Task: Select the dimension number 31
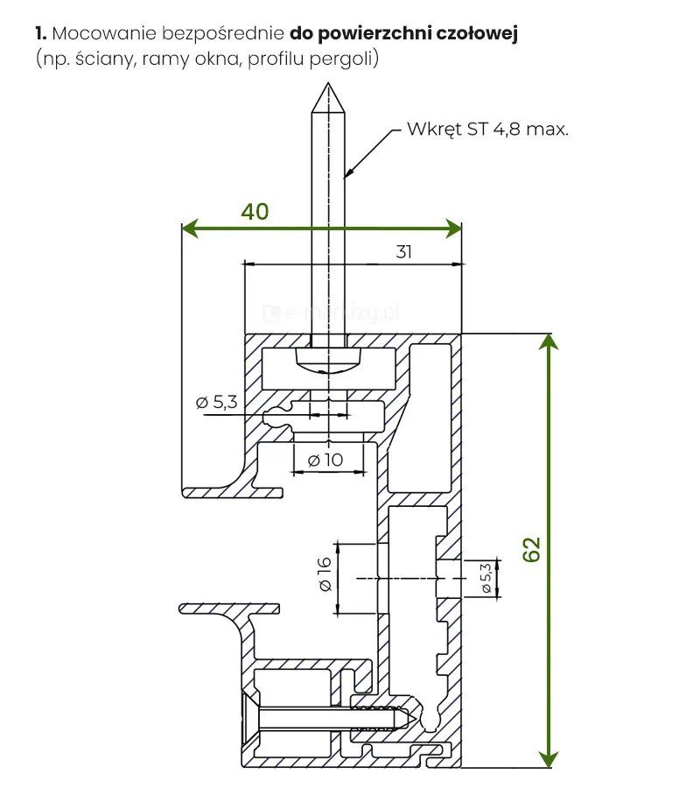tap(403, 252)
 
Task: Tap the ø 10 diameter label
tap(326, 459)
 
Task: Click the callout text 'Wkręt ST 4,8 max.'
tap(488, 130)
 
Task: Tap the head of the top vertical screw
tap(329, 358)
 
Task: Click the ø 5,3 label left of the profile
tap(216, 403)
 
